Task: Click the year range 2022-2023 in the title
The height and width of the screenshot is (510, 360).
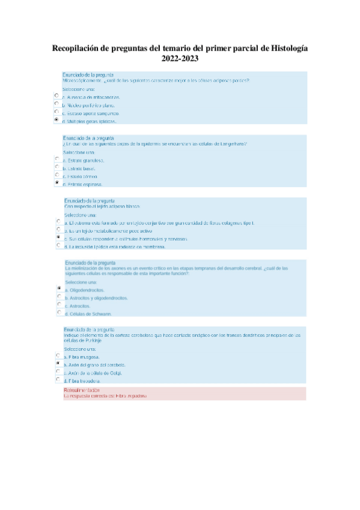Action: pos(180,59)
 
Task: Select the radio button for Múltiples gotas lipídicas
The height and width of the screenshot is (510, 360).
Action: pos(56,120)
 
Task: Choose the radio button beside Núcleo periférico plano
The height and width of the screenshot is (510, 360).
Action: pos(56,103)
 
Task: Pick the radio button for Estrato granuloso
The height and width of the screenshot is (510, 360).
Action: pos(57,159)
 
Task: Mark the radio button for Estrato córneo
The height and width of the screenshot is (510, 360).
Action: pos(57,175)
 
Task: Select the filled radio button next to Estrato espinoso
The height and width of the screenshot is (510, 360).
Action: pos(57,183)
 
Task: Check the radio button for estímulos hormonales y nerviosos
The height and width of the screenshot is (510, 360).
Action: pos(58,238)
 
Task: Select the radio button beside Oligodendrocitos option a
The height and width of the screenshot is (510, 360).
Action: pos(58,289)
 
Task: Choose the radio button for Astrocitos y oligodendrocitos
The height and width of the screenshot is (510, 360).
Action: pos(58,296)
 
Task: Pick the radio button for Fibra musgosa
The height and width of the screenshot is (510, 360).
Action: pos(58,356)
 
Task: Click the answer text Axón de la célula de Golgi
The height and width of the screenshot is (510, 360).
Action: pos(97,373)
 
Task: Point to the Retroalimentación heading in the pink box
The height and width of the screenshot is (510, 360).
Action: pos(82,390)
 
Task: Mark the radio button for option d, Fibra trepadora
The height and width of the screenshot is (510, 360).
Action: pos(58,379)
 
